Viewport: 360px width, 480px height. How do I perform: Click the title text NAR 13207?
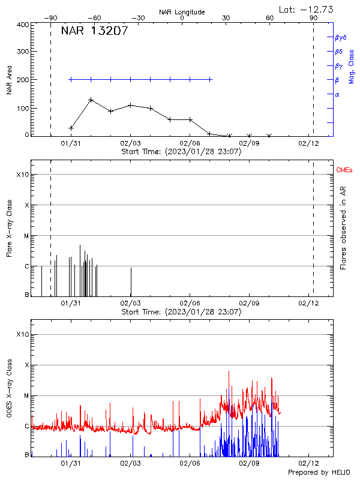[94, 31]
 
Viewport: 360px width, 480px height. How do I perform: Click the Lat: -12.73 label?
[307, 9]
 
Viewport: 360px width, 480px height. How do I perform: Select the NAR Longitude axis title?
[182, 12]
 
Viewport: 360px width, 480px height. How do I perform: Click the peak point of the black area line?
[91, 100]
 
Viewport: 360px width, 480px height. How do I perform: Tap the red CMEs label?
[344, 171]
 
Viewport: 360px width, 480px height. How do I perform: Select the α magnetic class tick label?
[337, 94]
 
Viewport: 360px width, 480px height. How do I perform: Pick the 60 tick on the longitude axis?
[270, 19]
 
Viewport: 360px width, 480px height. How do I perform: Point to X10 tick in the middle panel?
[22, 175]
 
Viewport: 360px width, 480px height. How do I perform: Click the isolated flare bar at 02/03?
[131, 281]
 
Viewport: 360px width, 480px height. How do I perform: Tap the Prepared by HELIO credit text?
[320, 473]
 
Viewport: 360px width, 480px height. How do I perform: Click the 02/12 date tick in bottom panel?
[308, 463]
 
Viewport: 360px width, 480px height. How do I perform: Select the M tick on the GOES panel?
[26, 395]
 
